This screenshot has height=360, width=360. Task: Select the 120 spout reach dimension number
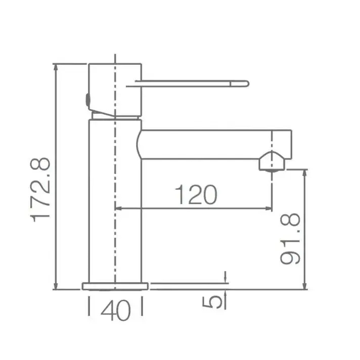coord(196,195)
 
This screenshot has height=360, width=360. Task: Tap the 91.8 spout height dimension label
coord(290,239)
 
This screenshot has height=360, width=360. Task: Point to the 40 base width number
coord(116,310)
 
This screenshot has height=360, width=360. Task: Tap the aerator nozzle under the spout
coord(272,162)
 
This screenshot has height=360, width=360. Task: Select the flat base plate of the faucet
coord(115,286)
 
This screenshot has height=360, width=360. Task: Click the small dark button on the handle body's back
coord(87,100)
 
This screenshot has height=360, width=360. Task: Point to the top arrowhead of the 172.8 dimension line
coord(55,67)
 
